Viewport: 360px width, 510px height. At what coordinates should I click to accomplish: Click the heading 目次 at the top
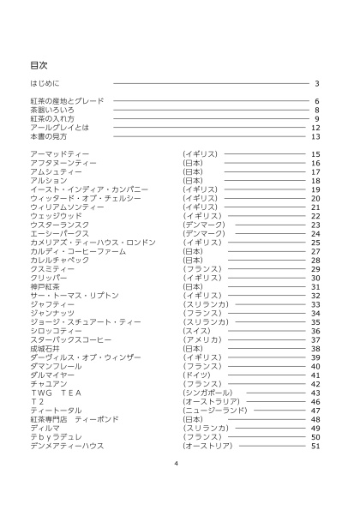click(39, 65)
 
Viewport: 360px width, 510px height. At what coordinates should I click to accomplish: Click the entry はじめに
click(45, 83)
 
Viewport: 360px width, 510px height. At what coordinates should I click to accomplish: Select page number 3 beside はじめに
click(316, 83)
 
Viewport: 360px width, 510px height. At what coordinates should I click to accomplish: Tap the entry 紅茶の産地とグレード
click(67, 101)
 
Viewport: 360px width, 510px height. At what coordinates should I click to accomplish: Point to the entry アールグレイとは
click(59, 128)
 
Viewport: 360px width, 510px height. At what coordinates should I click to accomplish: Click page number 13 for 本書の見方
click(315, 136)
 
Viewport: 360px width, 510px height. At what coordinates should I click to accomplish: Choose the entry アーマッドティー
click(60, 154)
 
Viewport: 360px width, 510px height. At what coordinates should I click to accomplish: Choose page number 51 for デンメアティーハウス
click(315, 446)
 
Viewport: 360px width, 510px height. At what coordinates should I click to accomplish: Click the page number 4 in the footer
click(176, 464)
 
